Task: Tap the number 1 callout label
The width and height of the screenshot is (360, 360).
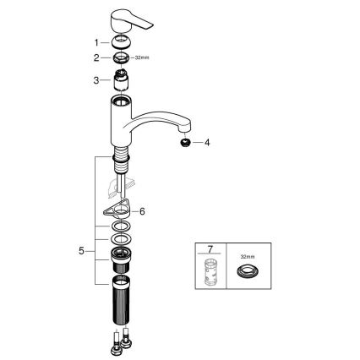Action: click(x=95, y=42)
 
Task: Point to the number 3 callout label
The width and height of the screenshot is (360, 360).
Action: click(x=95, y=80)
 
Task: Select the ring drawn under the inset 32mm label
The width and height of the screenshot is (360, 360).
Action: click(x=247, y=273)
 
